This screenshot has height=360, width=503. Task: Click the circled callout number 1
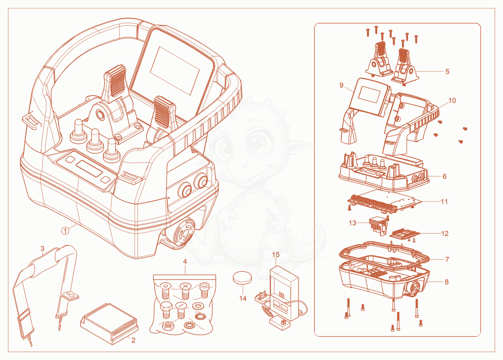65,231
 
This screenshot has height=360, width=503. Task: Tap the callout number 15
276,254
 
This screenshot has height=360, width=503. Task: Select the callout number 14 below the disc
243,298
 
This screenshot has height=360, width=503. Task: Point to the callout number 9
341,85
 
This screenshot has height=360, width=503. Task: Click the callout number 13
352,223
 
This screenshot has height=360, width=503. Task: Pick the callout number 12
445,233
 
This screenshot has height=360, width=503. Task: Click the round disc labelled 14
242,278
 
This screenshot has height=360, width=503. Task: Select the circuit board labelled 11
385,201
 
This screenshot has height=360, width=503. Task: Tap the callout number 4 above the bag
185,261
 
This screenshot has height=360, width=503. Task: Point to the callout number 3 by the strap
42,248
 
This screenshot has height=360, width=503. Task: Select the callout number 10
452,101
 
